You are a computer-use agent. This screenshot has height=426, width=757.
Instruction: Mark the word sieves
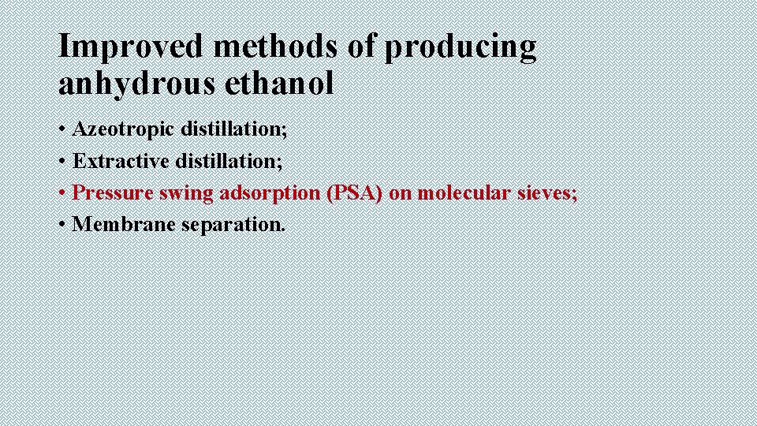pyautogui.click(x=550, y=192)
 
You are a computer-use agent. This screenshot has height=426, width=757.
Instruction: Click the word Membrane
pyautogui.click(x=124, y=224)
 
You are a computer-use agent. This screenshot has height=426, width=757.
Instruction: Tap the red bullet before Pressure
pyautogui.click(x=62, y=193)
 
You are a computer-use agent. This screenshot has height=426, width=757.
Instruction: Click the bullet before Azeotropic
pyautogui.click(x=62, y=130)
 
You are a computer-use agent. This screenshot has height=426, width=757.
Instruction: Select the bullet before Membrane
pyautogui.click(x=62, y=225)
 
